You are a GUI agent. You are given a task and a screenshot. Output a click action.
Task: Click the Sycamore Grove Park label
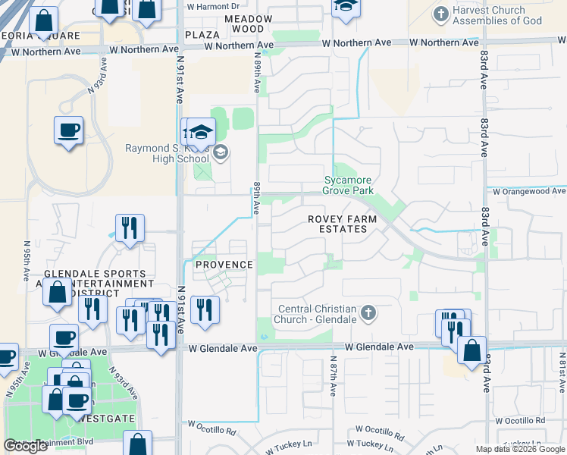[x=349, y=186]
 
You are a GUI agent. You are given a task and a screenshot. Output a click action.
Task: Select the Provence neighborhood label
[x=224, y=265]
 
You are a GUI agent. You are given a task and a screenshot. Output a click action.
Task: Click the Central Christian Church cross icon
[x=368, y=312]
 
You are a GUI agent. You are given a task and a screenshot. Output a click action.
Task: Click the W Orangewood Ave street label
[x=528, y=192]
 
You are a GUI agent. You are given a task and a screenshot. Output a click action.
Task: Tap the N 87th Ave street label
[x=334, y=375]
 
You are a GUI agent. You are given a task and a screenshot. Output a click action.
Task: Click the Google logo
[x=25, y=446]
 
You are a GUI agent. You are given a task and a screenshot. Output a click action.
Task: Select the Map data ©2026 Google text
[x=520, y=449]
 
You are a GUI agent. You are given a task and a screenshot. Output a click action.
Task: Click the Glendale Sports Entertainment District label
[x=95, y=284]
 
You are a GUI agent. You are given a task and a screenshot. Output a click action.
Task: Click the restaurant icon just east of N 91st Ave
[x=205, y=310]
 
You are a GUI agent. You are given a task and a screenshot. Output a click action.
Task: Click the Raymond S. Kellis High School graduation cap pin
[x=202, y=132]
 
